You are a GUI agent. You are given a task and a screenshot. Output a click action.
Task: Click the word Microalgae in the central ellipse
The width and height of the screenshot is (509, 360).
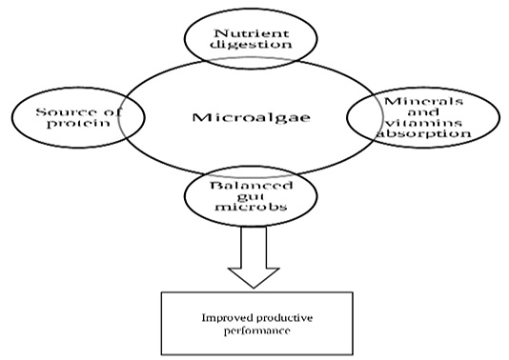pyautogui.click(x=252, y=117)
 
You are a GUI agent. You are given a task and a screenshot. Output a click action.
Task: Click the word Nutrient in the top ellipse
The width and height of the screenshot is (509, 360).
pyautogui.click(x=252, y=33)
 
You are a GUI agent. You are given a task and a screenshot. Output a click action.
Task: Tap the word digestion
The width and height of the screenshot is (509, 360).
pyautogui.click(x=251, y=44)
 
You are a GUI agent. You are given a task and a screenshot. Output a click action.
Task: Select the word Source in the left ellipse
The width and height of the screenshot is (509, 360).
pyautogui.click(x=66, y=112)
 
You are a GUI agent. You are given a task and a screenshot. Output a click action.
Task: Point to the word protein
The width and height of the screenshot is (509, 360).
pyautogui.click(x=78, y=123)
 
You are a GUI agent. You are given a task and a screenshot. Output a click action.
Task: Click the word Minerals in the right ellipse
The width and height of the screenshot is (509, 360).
pyautogui.click(x=423, y=101)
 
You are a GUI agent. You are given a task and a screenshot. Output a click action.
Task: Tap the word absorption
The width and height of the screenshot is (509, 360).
pyautogui.click(x=423, y=133)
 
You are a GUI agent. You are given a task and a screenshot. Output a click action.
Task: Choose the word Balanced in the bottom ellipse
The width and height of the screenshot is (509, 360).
pyautogui.click(x=251, y=186)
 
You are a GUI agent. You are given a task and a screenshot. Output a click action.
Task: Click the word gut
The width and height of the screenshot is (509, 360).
pyautogui.click(x=251, y=196)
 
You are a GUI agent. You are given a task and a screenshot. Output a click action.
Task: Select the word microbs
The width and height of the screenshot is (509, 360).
pyautogui.click(x=251, y=207)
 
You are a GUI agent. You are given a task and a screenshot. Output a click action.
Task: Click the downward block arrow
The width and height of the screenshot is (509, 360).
pyautogui.click(x=254, y=257)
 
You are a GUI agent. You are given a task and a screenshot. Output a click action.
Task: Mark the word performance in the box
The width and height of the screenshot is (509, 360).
pyautogui.click(x=256, y=331)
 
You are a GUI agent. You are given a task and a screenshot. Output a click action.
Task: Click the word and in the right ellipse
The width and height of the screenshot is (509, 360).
pyautogui.click(x=423, y=112)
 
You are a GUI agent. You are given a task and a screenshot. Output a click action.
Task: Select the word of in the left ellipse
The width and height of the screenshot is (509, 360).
pyautogui.click(x=112, y=112)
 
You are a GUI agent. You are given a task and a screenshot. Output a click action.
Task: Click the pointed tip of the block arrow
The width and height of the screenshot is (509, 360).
pyautogui.click(x=254, y=288)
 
